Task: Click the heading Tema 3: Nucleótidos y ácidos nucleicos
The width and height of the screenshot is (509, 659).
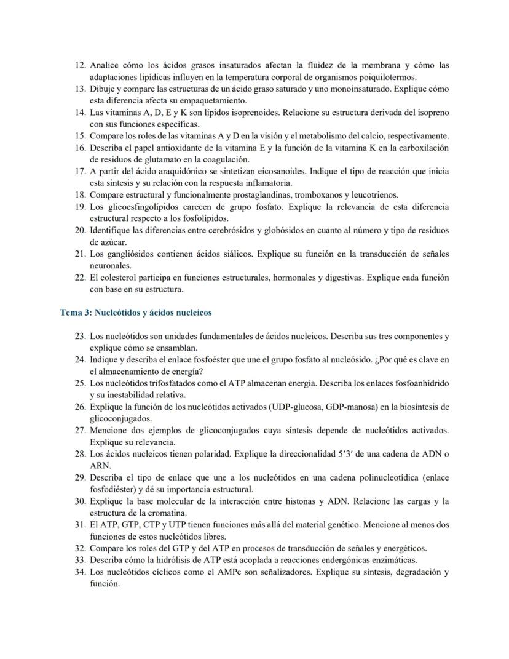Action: (x=136, y=313)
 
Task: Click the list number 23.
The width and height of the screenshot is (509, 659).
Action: (x=79, y=337)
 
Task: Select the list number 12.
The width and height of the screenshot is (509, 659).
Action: (x=79, y=65)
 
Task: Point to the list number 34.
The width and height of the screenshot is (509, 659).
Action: (x=79, y=572)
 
